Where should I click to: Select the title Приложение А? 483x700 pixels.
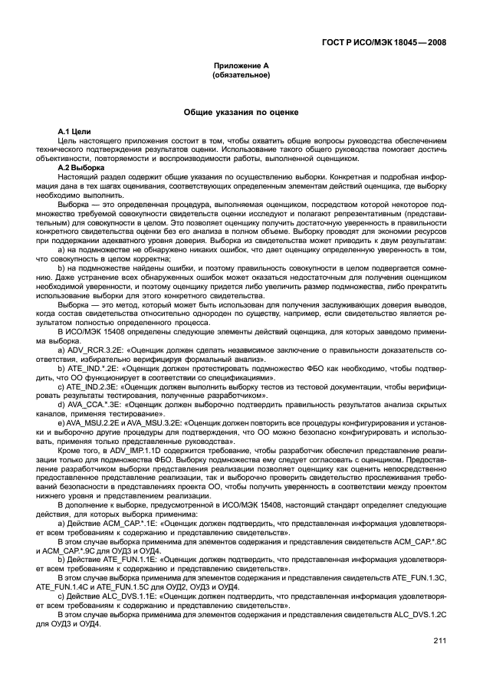[x=241, y=67]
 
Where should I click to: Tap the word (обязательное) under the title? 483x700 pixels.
[x=241, y=76]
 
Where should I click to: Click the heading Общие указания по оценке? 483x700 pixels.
[x=241, y=113]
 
